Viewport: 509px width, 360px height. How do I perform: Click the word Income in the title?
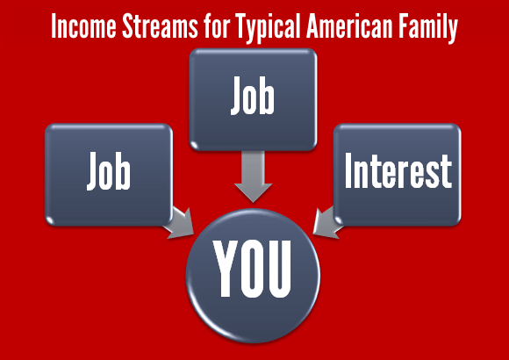(x=83, y=26)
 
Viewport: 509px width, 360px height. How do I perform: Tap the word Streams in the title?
(x=160, y=26)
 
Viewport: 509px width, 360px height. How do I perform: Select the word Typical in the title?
(x=268, y=28)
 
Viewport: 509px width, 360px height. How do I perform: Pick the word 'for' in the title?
(x=217, y=26)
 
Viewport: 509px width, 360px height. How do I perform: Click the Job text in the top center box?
(x=253, y=96)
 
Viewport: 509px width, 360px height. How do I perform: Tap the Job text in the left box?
(x=109, y=171)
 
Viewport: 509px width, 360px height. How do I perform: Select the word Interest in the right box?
(x=398, y=171)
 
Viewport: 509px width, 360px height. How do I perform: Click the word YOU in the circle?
(x=252, y=269)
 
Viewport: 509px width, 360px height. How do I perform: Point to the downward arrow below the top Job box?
(x=254, y=176)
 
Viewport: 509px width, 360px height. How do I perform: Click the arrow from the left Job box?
(x=179, y=223)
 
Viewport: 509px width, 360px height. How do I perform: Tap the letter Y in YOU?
(x=226, y=269)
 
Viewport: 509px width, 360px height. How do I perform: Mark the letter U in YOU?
(x=279, y=270)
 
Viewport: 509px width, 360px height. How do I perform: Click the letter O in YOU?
(x=252, y=269)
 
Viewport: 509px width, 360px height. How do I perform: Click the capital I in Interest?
(x=348, y=170)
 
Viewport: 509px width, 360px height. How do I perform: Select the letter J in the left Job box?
(x=92, y=171)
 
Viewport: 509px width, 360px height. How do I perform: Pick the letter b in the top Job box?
(x=268, y=96)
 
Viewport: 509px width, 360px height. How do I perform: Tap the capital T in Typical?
(x=243, y=26)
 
